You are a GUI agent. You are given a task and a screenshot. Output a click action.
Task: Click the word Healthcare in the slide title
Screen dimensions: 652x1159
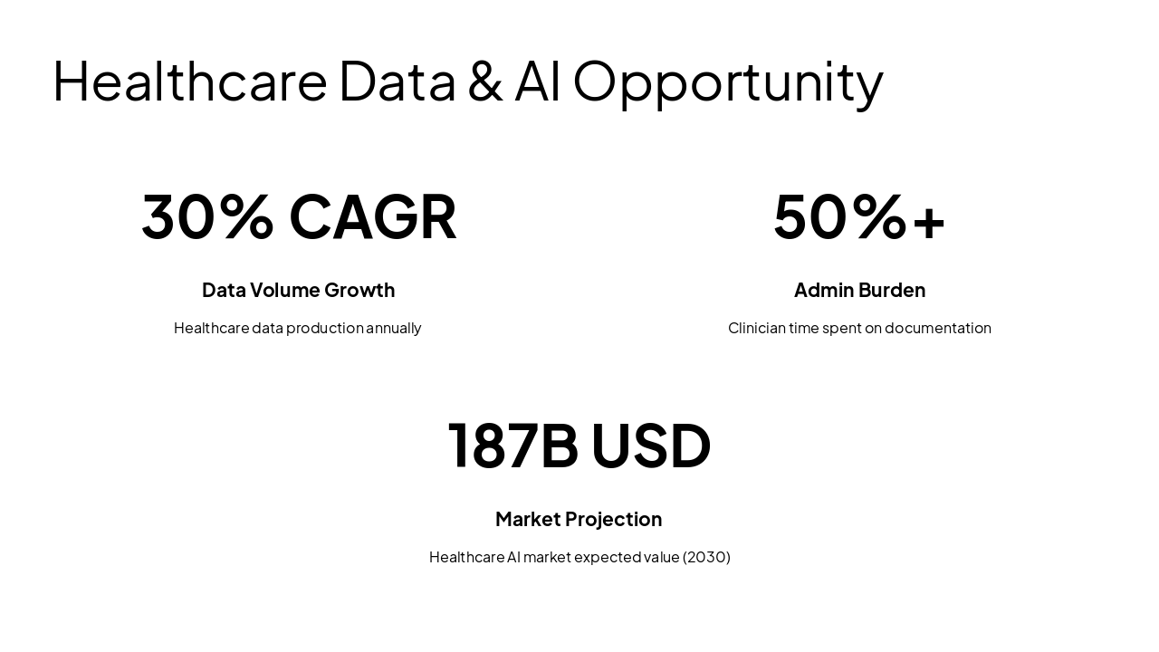189,81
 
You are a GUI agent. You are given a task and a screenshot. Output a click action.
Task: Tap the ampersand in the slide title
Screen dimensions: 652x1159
486,81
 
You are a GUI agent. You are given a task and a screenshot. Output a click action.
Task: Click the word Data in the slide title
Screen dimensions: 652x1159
398,81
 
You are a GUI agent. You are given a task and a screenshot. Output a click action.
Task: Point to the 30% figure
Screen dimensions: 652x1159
207,217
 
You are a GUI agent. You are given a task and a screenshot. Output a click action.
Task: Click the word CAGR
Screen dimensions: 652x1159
372,217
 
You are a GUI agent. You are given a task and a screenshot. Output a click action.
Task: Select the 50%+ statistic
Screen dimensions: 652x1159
859,217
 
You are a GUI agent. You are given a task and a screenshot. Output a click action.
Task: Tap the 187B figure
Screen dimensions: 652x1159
512,446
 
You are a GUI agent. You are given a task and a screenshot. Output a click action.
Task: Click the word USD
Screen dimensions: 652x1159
651,446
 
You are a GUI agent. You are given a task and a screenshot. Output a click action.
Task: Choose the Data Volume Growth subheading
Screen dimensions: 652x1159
298,291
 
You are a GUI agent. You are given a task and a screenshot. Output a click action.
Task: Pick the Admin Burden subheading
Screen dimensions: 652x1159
859,291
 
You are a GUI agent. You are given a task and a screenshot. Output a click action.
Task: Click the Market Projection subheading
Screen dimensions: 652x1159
579,520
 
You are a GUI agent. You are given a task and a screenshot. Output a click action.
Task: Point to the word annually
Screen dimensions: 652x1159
394,329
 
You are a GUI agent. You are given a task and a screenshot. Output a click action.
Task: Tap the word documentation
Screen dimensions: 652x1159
937,328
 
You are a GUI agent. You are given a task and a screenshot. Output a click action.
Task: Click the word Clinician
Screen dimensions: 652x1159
756,328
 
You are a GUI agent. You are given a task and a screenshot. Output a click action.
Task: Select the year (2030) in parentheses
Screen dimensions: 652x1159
706,557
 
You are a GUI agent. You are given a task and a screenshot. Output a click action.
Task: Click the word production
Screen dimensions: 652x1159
324,329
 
